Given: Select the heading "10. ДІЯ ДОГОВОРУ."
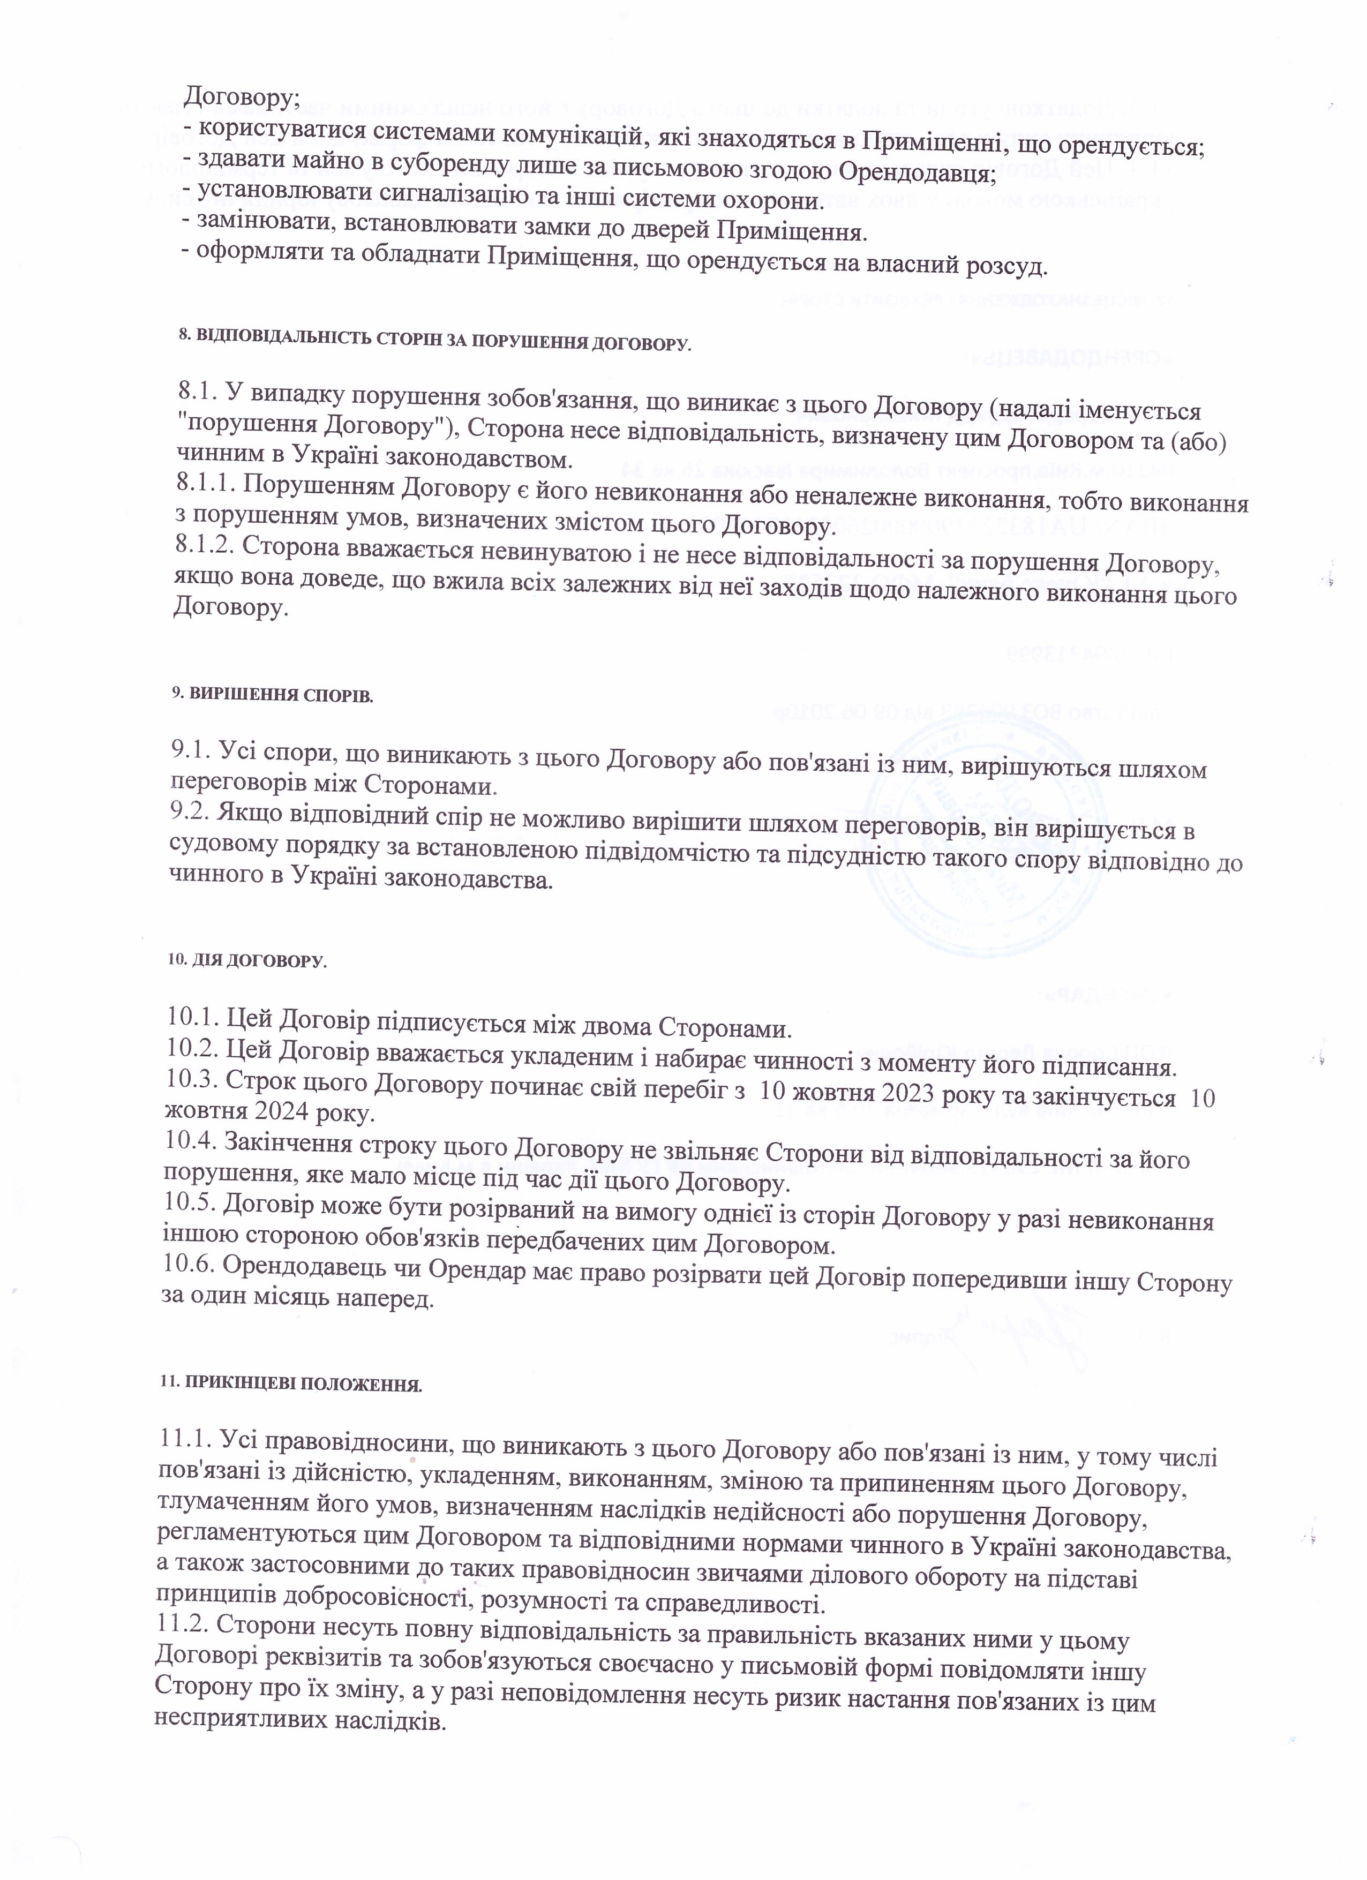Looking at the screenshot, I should coord(247,961).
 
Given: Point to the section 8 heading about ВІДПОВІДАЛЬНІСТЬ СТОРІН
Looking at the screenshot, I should coord(433,342).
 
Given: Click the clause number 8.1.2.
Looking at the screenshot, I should coord(204,549).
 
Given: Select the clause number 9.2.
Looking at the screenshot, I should coord(191,811).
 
